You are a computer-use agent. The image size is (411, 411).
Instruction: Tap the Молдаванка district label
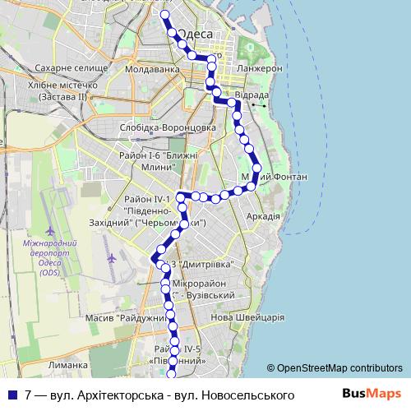[x=153, y=69]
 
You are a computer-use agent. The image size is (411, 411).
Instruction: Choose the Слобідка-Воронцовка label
[x=167, y=127]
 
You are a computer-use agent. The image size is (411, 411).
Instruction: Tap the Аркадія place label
[x=263, y=216]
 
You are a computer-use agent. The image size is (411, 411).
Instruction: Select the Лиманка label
[x=67, y=365]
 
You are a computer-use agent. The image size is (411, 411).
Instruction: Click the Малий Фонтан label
[x=275, y=177]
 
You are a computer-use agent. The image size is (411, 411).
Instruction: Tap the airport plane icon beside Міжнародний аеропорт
[x=111, y=259]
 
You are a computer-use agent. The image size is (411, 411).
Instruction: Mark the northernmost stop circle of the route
[x=164, y=15]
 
